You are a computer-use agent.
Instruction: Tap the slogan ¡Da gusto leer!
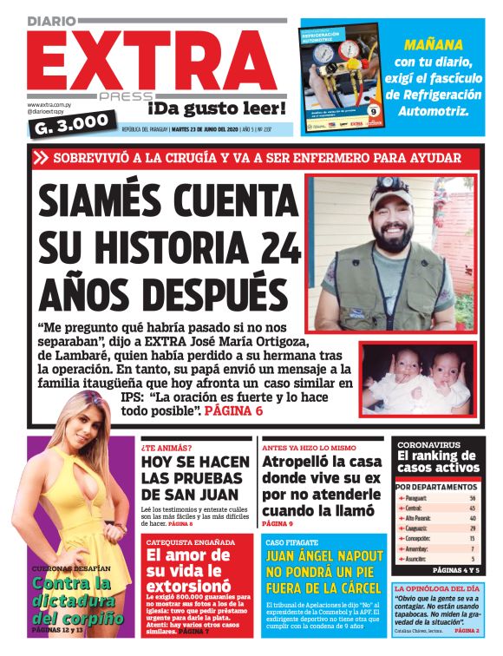coord(216,108)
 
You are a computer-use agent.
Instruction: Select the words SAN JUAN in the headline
coord(202,495)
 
